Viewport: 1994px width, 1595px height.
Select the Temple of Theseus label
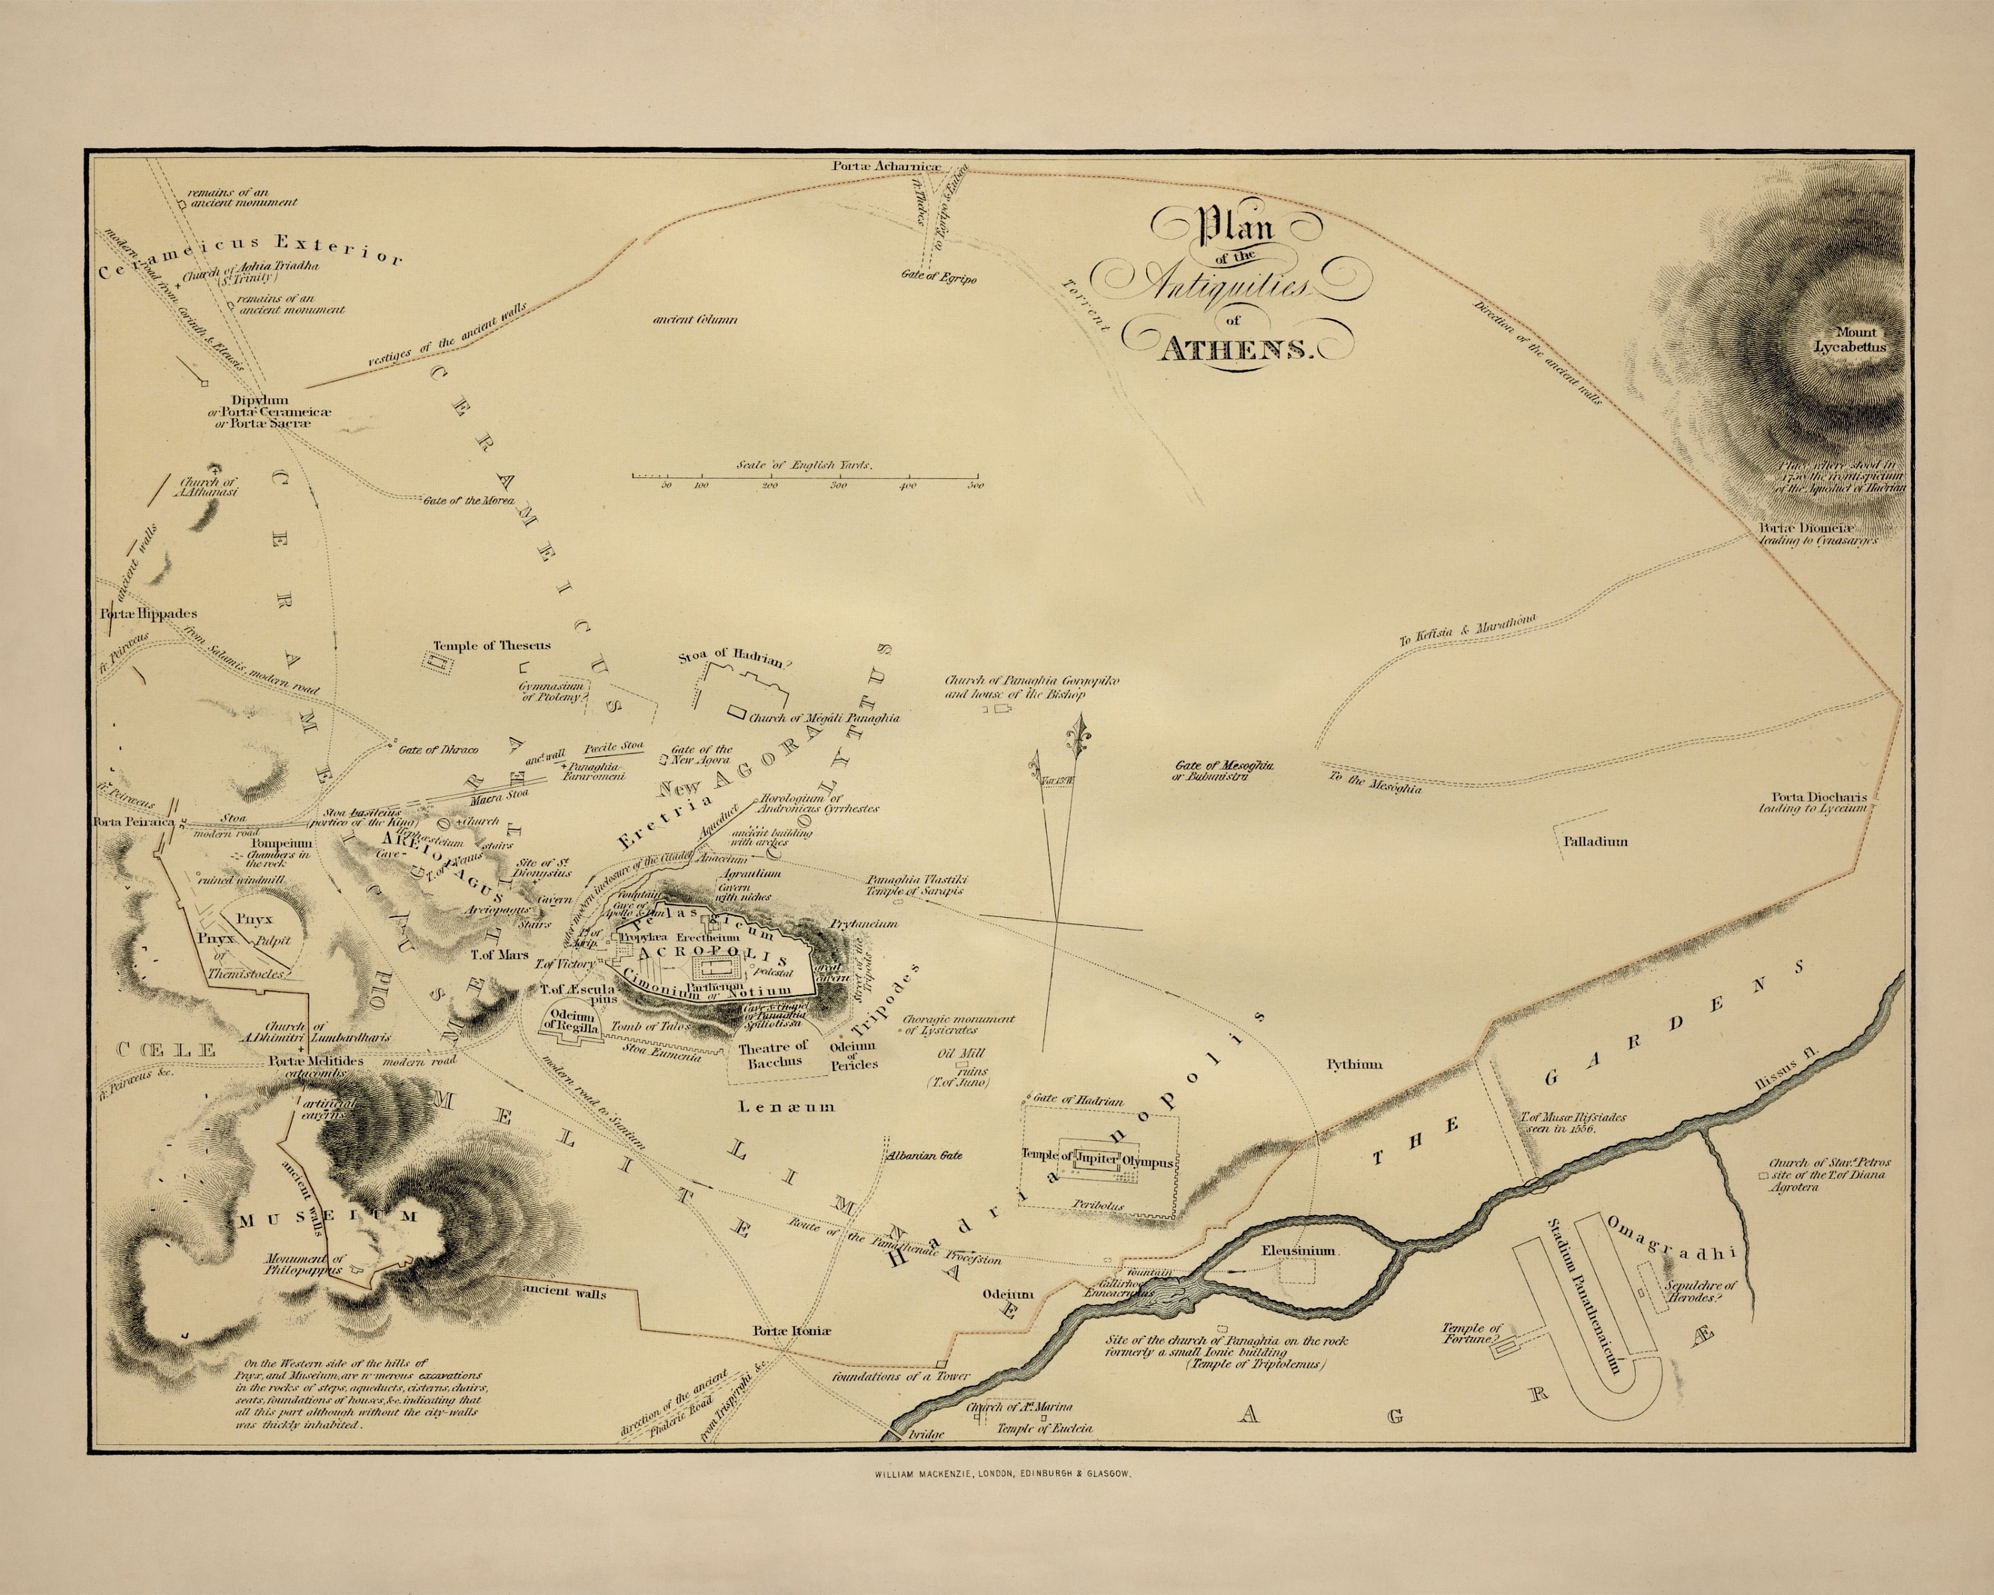pyautogui.click(x=491, y=645)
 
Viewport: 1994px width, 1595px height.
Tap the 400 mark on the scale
pyautogui.click(x=907, y=484)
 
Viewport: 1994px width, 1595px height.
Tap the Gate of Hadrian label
pyautogui.click(x=1078, y=1101)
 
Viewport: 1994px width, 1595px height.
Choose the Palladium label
pyautogui.click(x=1595, y=841)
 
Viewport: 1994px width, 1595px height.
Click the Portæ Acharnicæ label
pyautogui.click(x=896, y=165)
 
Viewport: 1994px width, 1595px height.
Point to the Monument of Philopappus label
pyautogui.click(x=304, y=1264)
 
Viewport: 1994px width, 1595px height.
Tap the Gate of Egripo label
pyautogui.click(x=940, y=276)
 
